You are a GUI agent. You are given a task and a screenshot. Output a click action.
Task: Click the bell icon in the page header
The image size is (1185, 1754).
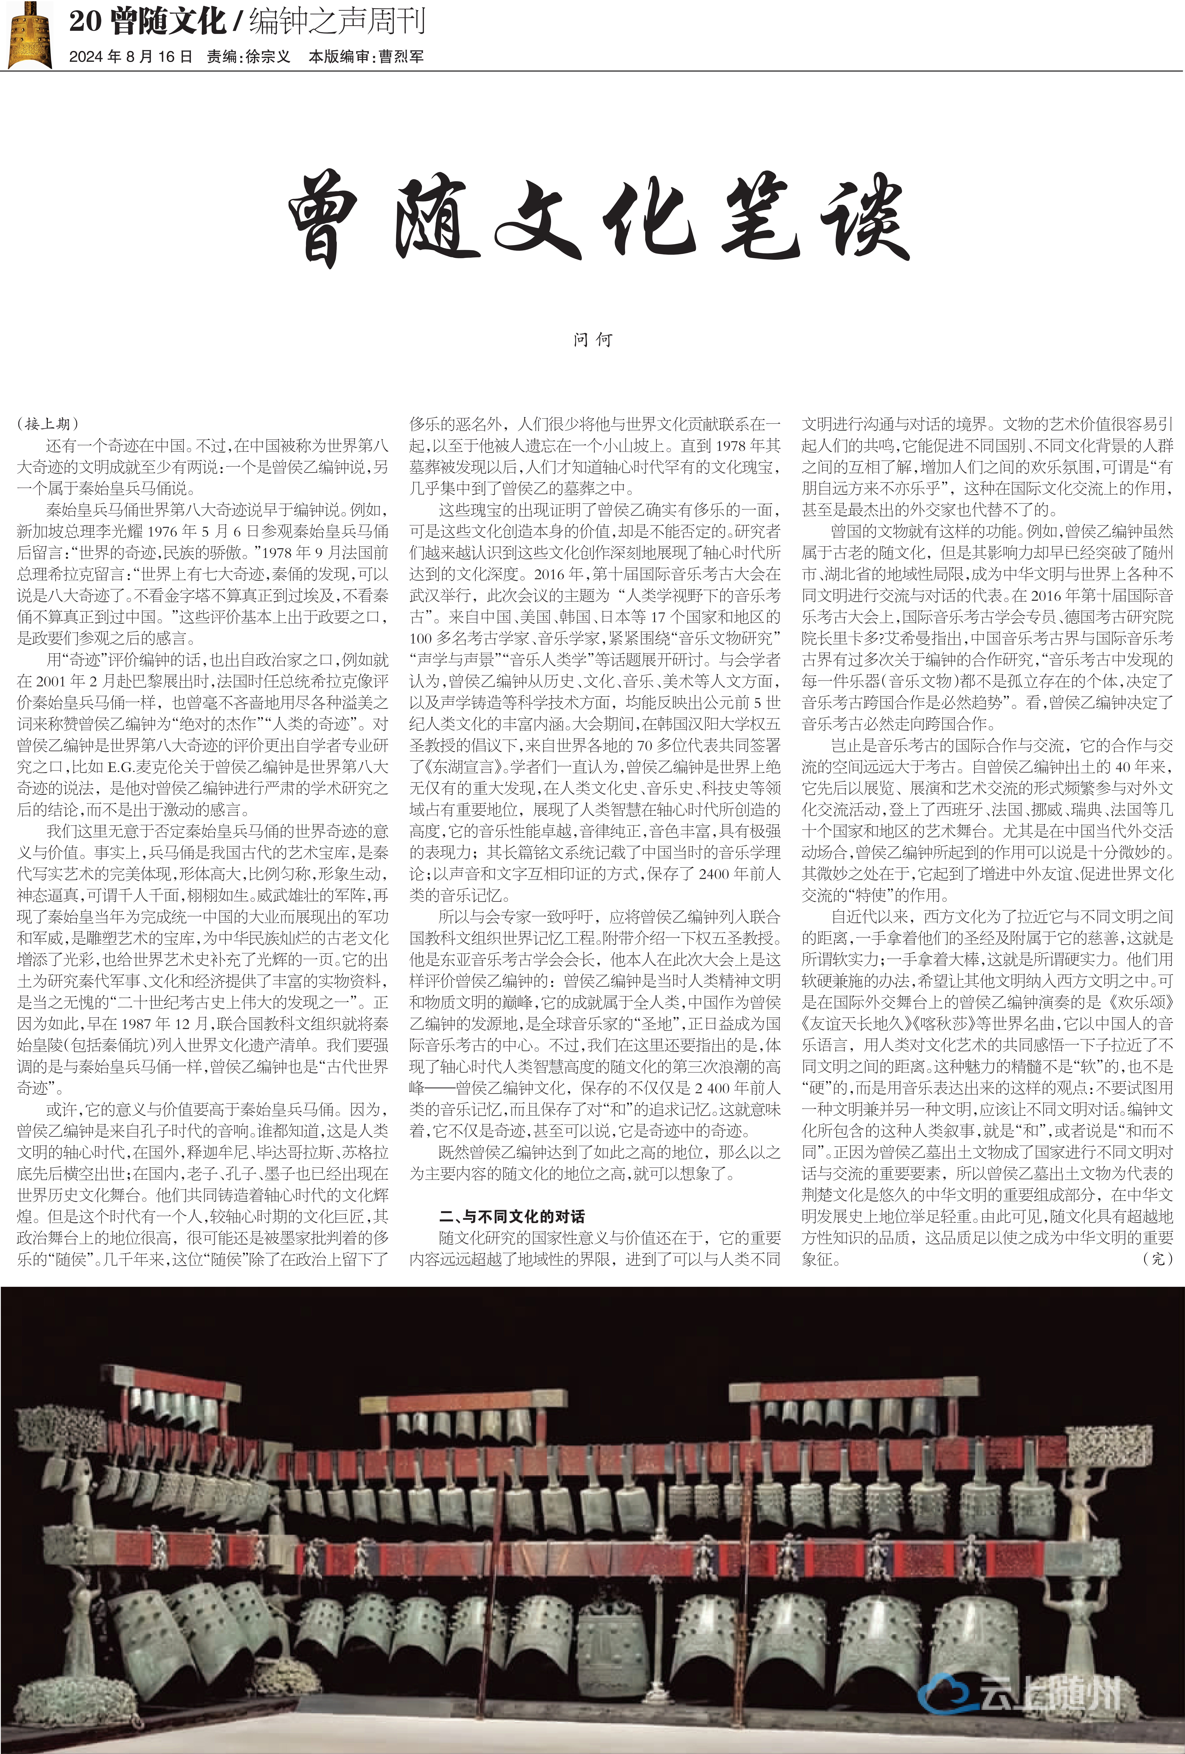[x=29, y=35]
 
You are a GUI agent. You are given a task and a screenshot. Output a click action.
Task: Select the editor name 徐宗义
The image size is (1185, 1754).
[x=268, y=57]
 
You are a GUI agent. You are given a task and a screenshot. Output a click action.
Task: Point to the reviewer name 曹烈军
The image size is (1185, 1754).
[x=401, y=57]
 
